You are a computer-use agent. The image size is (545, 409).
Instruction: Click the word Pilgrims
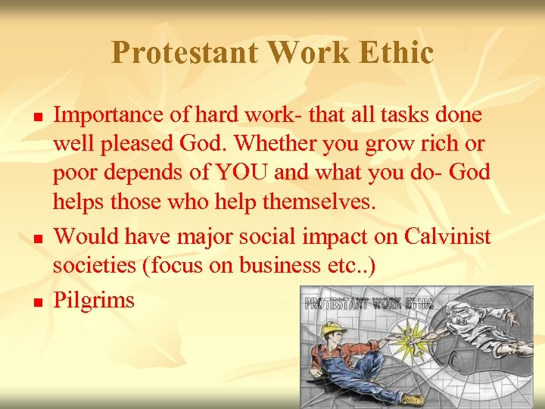tap(94, 300)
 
